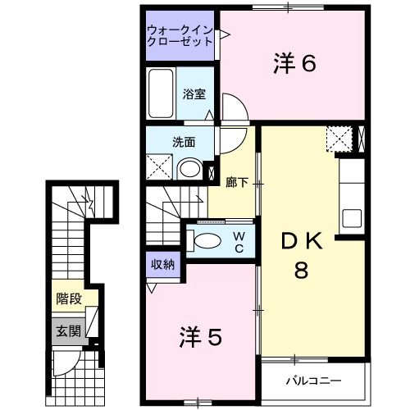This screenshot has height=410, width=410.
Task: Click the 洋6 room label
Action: (x=294, y=63)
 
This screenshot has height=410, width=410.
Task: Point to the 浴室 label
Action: (x=193, y=93)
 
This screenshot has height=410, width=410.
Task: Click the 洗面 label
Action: (x=184, y=140)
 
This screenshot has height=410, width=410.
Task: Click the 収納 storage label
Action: (x=162, y=264)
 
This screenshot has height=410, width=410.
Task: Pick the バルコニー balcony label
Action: (x=312, y=380)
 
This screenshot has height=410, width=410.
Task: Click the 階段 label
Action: (x=69, y=298)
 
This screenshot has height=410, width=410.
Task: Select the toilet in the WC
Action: (x=206, y=241)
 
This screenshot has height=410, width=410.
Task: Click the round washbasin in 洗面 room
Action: (x=189, y=169)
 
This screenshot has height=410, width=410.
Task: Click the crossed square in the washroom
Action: (x=162, y=169)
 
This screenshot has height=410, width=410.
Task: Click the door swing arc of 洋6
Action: (x=230, y=107)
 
